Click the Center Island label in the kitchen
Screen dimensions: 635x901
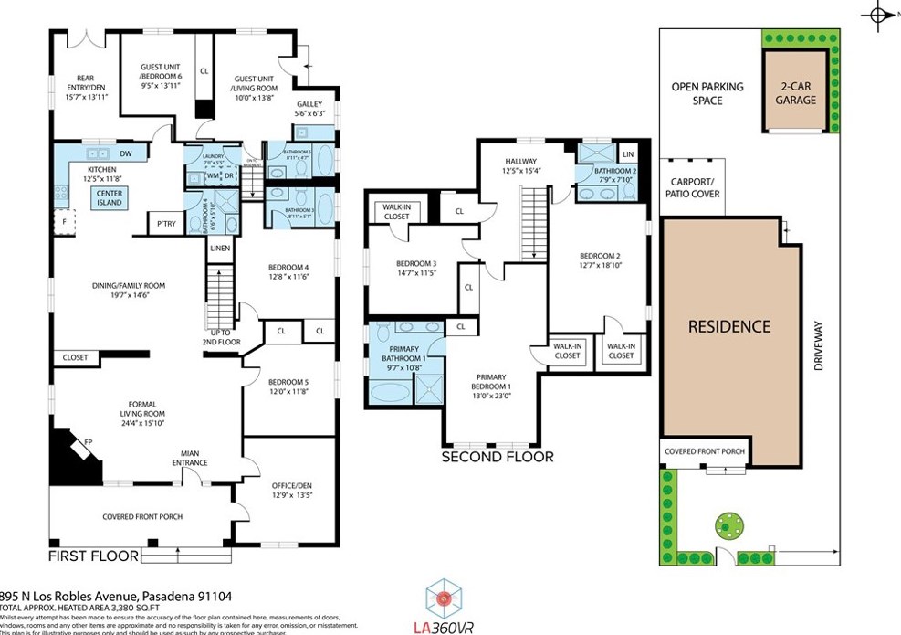point(110,197)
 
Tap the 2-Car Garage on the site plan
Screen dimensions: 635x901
point(795,93)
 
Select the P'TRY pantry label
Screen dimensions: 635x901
point(165,223)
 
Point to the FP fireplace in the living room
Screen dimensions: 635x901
point(89,442)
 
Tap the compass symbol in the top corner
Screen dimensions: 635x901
point(878,16)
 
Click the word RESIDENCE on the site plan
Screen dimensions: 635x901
point(728,326)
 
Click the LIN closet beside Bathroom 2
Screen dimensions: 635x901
point(627,154)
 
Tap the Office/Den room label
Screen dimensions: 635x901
point(292,491)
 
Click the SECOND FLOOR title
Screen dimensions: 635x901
point(498,457)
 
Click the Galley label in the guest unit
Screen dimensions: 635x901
point(309,109)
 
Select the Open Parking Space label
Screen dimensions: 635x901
point(707,93)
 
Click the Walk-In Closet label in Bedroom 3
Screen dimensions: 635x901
point(395,212)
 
